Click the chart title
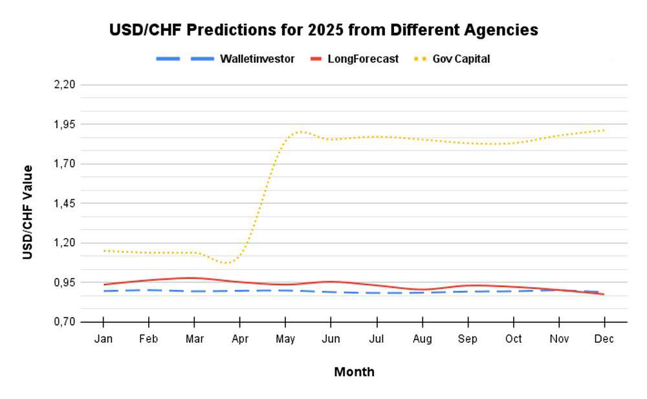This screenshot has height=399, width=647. pyautogui.click(x=323, y=30)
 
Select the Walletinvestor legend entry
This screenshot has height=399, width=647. pyautogui.click(x=225, y=59)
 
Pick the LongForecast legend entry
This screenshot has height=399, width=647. pyautogui.click(x=355, y=59)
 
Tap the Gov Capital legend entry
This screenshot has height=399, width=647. pyautogui.click(x=452, y=59)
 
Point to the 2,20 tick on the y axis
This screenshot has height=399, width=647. pyautogui.click(x=65, y=85)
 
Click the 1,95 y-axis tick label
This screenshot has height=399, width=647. pyautogui.click(x=65, y=124)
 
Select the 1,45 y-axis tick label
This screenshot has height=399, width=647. pyautogui.click(x=65, y=204)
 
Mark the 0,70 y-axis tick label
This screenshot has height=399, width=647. pyautogui.click(x=65, y=322)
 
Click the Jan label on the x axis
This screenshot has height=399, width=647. pyautogui.click(x=103, y=339)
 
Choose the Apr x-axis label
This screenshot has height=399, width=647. pyautogui.click(x=240, y=339)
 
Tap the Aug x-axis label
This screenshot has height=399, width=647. pyautogui.click(x=422, y=339)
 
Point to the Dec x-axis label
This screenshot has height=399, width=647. pyautogui.click(x=604, y=339)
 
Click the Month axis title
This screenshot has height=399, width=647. pyautogui.click(x=354, y=372)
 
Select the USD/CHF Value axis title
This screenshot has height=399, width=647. pyautogui.click(x=27, y=212)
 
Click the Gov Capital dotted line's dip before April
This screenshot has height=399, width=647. pyautogui.click(x=226, y=263)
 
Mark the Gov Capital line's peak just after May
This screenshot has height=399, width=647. pyautogui.click(x=301, y=132)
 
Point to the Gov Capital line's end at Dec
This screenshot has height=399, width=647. pyautogui.click(x=604, y=131)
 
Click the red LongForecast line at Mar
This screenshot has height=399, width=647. pyautogui.click(x=194, y=278)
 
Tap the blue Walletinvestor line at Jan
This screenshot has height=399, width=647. pyautogui.click(x=104, y=291)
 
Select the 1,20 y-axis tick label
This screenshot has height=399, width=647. pyautogui.click(x=65, y=243)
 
